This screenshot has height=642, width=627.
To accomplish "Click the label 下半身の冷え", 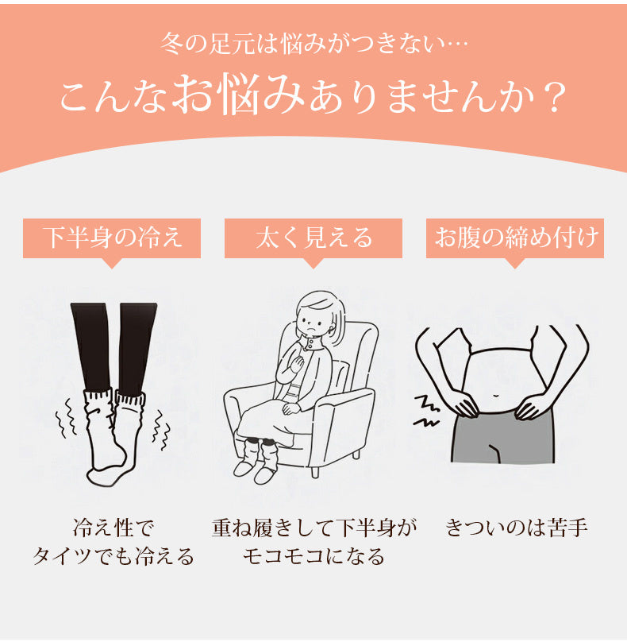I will click(112, 238).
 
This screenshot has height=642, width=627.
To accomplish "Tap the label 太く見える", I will click(313, 238).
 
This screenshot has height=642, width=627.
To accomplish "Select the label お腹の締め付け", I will click(515, 238).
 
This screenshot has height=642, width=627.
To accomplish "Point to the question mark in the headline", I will click(556, 97).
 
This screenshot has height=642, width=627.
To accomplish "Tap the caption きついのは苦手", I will click(517, 527).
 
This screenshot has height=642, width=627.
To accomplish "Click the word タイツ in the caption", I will click(70, 556).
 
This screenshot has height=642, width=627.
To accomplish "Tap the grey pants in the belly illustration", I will click(501, 445).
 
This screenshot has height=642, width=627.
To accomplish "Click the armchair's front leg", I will click(316, 472).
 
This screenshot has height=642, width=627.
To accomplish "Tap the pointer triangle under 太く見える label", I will click(313, 263).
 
